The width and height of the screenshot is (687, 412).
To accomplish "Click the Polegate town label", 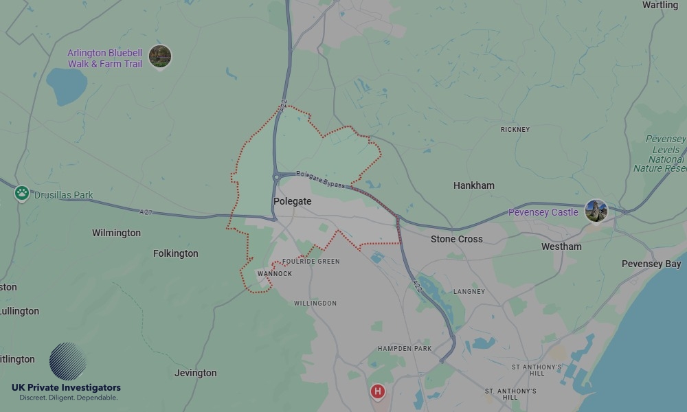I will point(292,202).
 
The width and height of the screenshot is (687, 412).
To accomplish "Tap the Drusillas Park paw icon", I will point(22,194).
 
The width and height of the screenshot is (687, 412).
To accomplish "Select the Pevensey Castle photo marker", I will point(596,211).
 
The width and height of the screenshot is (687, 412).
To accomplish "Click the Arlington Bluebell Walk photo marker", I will point(160,56).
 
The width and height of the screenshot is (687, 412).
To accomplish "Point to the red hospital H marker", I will point(377,391).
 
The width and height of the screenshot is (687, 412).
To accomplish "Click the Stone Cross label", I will point(456,239).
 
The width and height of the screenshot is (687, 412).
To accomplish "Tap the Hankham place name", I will point(473,185).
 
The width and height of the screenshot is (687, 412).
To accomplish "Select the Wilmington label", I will point(116,233).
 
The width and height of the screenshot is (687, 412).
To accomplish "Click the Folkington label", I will point(175,253).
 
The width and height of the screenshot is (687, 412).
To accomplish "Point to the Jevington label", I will point(195,373).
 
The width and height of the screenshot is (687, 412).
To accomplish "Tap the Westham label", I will point(561,247).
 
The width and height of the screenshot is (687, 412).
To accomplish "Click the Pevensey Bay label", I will point(651,264).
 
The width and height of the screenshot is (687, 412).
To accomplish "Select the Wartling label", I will point(660,5).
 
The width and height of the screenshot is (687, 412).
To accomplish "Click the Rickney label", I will point(515,130).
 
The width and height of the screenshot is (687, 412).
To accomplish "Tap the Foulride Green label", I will point(311,262).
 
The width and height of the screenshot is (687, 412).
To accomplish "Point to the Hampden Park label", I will point(405,349).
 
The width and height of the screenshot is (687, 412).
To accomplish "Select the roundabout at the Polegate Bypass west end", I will point(276,176).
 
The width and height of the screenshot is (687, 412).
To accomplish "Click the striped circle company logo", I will point(67,361).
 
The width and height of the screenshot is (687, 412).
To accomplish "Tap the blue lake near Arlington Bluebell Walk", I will point(66,86).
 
